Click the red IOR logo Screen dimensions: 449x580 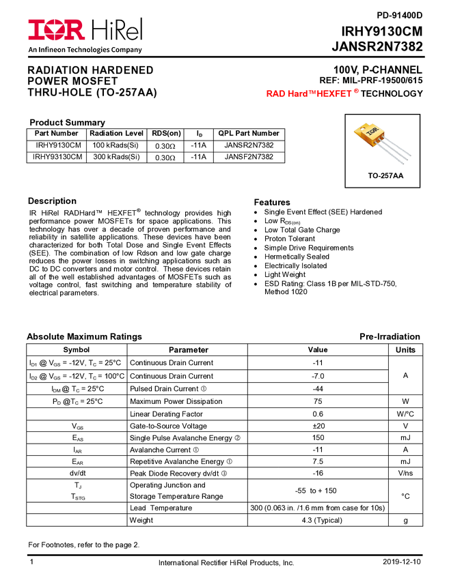tap(56, 30)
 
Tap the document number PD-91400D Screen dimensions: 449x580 tap(399, 16)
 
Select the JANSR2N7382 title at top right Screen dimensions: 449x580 tap(377, 46)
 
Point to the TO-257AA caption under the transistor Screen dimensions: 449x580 tap(385, 175)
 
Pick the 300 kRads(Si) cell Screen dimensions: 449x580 tap(116, 157)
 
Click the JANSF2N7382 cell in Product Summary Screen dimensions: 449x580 tap(249, 157)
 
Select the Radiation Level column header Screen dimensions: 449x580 tap(116, 133)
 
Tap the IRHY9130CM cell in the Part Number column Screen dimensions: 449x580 tap(58, 145)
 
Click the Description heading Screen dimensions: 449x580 tap(52, 201)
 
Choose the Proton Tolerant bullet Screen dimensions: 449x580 tap(290, 239)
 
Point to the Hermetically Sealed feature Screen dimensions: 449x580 tap(297, 257)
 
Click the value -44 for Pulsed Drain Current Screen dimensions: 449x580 tap(318, 389)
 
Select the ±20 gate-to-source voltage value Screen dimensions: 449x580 tap(318, 426)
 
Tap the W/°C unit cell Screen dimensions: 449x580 tap(405, 414)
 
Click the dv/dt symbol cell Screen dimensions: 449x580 tap(77, 473)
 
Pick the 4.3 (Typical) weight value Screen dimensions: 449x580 tap(322, 520)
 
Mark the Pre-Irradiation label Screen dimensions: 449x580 tap(390, 336)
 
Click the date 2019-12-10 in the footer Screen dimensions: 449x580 tap(402, 562)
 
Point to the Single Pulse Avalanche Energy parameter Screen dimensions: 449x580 tap(181, 438)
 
